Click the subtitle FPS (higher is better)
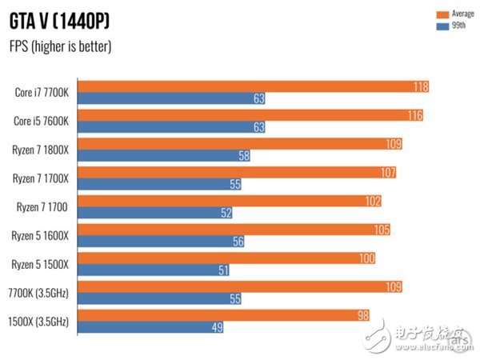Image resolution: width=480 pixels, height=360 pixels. click(x=61, y=46)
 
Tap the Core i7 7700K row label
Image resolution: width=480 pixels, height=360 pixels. click(x=41, y=93)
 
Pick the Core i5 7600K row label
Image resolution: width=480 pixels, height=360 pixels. click(x=41, y=122)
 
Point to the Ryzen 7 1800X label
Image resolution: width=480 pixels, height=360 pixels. click(x=41, y=150)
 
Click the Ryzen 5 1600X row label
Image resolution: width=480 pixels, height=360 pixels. click(x=41, y=237)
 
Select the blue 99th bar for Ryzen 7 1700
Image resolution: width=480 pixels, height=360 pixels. click(x=152, y=213)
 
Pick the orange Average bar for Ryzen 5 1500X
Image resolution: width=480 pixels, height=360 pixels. click(x=224, y=258)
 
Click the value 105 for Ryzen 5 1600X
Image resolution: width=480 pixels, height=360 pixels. click(x=381, y=230)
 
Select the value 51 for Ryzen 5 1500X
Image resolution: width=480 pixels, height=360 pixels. click(x=223, y=270)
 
